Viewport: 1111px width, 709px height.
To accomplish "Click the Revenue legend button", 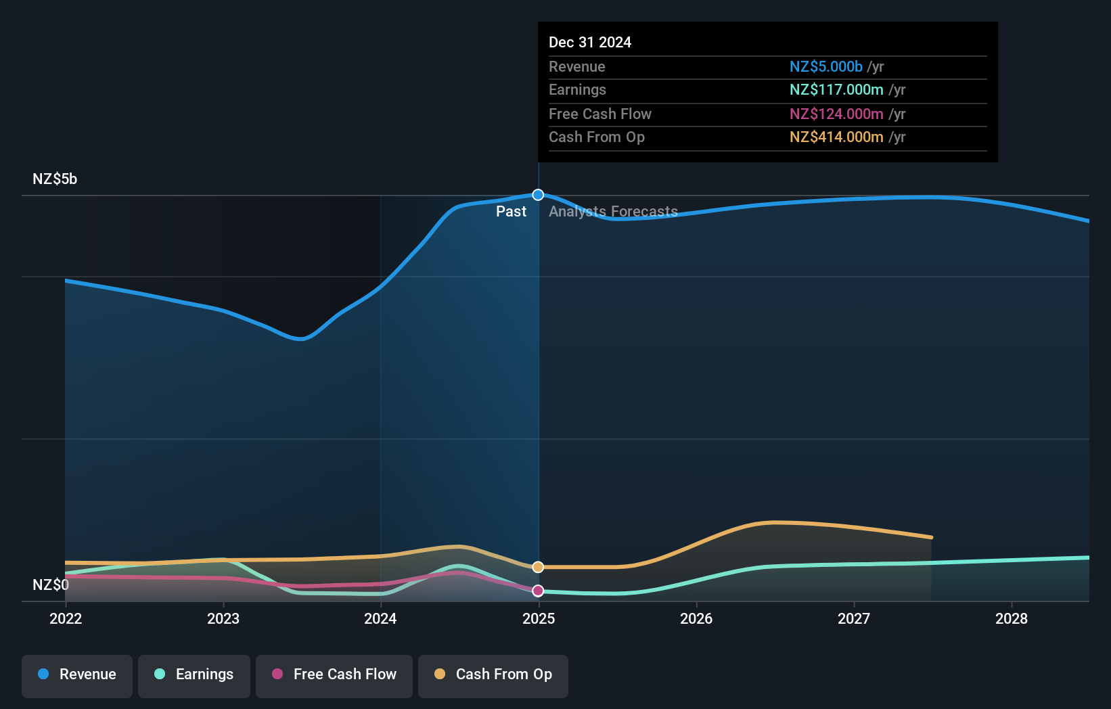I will click(x=77, y=674).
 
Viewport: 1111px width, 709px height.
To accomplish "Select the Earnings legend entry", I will click(x=194, y=674).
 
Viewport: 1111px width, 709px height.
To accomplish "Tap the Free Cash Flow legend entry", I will click(x=334, y=674).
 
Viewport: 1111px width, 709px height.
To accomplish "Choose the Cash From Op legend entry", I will click(x=493, y=674).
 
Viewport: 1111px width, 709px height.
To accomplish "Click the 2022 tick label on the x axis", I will click(x=66, y=619).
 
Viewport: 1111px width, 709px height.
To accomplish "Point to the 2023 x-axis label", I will click(x=223, y=619).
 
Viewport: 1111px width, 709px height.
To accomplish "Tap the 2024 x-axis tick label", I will click(x=380, y=619).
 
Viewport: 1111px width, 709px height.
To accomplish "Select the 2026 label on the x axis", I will click(x=696, y=619).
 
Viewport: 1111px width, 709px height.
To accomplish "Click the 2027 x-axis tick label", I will click(x=854, y=619).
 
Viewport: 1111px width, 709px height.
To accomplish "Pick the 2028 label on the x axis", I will click(x=1012, y=619).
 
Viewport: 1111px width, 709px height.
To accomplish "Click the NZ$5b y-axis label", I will click(x=55, y=179).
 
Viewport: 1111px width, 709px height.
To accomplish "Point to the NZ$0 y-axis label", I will click(x=51, y=585).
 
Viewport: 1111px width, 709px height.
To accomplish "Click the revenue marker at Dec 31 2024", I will click(x=538, y=195).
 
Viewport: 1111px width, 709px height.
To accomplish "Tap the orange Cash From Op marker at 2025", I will click(x=538, y=567).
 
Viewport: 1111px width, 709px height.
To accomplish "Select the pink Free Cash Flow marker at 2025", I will click(x=538, y=591).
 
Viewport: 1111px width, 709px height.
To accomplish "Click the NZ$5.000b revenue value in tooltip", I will click(x=825, y=67).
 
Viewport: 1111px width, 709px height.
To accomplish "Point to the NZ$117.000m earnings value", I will click(x=836, y=90).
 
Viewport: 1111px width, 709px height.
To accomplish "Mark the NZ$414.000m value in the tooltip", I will click(x=836, y=137).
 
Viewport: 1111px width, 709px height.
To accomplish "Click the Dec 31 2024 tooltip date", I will click(x=590, y=43).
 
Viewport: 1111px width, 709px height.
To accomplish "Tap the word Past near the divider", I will click(x=511, y=212).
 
